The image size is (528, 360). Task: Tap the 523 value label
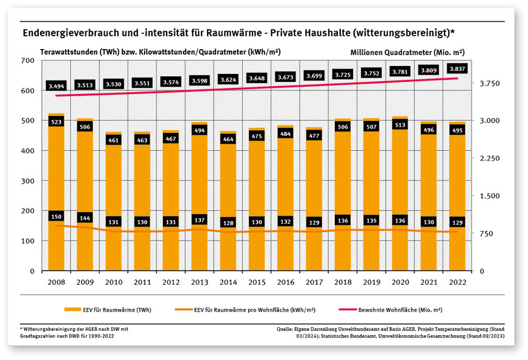(x=56, y=122)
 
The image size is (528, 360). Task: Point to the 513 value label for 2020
(x=400, y=125)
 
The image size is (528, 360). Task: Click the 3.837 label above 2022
(x=457, y=69)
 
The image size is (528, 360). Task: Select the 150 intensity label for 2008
(x=56, y=216)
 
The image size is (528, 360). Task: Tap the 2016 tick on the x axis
(x=285, y=282)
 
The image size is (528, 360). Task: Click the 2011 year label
(x=142, y=282)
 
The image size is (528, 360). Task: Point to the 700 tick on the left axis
(x=27, y=61)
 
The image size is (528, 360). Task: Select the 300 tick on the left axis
(x=27, y=181)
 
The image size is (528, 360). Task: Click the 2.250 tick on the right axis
(x=489, y=158)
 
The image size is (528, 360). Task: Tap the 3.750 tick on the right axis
(x=489, y=83)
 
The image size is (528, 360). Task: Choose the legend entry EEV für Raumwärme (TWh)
(x=109, y=310)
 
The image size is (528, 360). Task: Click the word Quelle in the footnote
(x=283, y=328)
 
